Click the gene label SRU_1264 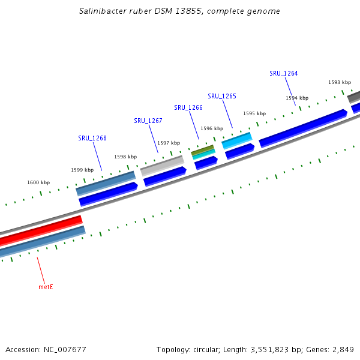point(283,73)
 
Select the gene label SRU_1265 point(222,96)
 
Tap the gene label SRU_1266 point(188,107)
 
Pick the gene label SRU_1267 point(148,121)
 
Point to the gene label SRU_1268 point(92,138)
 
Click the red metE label point(46,287)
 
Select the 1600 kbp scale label point(38,182)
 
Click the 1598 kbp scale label point(125,157)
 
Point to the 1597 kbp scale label point(169,143)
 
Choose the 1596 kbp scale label point(212,128)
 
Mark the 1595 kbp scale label point(254,113)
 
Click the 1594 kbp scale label point(297,98)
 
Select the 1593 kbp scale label point(340,82)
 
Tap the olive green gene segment point(202,149)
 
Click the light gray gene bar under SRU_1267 point(162,164)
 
